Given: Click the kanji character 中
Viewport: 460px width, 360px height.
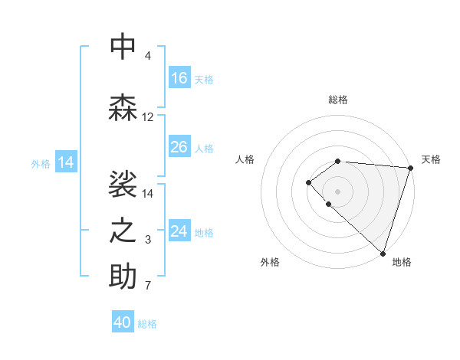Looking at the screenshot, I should click(x=123, y=47).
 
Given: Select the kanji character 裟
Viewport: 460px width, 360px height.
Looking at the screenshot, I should click(x=123, y=185).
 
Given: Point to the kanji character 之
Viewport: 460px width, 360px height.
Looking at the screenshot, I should click(x=123, y=231).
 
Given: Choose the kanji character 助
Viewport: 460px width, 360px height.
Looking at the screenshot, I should click(x=123, y=277).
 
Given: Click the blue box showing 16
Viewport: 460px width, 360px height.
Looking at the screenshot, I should click(x=179, y=78).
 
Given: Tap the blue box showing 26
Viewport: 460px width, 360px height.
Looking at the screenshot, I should click(x=179, y=147).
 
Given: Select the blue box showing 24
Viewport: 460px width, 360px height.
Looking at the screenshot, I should click(x=179, y=231).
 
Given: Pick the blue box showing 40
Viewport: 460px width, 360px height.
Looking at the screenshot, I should click(x=123, y=322).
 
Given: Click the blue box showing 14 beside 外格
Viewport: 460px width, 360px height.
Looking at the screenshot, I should click(x=66, y=162).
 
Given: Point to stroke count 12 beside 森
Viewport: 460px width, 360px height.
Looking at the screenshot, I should click(x=148, y=117).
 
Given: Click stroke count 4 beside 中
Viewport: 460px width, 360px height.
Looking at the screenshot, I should click(x=147, y=56).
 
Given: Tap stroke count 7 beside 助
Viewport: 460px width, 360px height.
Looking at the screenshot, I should click(x=147, y=286).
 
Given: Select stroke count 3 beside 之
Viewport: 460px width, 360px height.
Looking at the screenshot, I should click(x=147, y=241).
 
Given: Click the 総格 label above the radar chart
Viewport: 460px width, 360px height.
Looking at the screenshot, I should click(x=338, y=100).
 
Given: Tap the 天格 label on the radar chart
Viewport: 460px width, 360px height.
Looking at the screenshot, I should click(x=431, y=159).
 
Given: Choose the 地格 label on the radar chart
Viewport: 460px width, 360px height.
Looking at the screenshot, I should click(x=402, y=262).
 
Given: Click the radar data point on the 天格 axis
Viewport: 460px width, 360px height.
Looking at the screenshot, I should click(x=410, y=167).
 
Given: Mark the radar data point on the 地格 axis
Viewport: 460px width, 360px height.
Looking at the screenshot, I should click(x=383, y=253).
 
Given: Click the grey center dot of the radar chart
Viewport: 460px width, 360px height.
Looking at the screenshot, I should click(x=337, y=191).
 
